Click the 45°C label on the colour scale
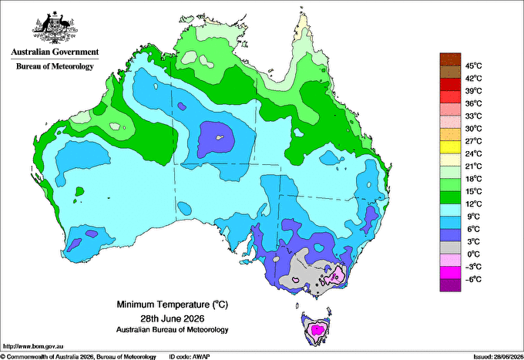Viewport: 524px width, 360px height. pos(474,66)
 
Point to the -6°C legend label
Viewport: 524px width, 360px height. pos(473,279)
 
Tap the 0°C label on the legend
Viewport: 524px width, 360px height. pos(474,254)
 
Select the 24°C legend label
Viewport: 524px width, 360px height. pos(474,153)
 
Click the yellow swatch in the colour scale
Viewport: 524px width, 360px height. pos(450,147)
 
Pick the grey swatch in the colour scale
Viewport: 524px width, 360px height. pos(450,247)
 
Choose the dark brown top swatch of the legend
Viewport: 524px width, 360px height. pos(450,59)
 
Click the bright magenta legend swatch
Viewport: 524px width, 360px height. pos(450,273)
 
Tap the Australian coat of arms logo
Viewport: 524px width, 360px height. pos(55,28)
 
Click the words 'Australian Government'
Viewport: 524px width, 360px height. pos(55,52)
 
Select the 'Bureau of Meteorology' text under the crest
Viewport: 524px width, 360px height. pos(55,66)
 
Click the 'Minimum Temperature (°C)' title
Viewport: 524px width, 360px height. pos(172,304)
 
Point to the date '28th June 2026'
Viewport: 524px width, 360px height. pos(173,318)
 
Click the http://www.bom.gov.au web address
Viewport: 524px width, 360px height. pos(33,346)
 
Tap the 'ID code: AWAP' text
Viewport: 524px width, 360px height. pos(190,357)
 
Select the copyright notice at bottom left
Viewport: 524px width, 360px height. pos(78,357)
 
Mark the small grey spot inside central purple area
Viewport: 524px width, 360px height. pos(219,137)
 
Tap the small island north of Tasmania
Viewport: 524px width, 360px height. pos(297,305)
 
